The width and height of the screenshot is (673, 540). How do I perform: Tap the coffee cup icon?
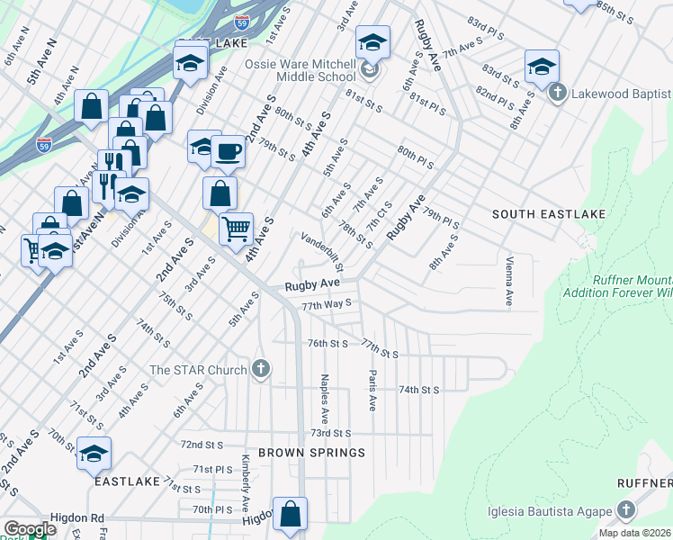coord(229,151)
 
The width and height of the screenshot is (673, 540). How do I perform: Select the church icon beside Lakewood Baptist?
coord(557,94)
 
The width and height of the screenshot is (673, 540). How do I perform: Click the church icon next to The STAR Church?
coord(261,369)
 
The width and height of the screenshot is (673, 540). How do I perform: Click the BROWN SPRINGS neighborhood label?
coord(311,453)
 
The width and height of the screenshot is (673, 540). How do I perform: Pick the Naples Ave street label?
coord(324,393)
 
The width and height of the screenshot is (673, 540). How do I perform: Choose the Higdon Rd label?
coord(78,518)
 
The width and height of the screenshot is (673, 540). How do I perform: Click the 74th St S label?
coord(418,390)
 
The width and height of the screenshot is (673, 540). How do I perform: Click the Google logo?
coord(30,529)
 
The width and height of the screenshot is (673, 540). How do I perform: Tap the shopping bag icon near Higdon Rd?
coord(291,517)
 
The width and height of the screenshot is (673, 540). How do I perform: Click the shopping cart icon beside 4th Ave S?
coord(236,229)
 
